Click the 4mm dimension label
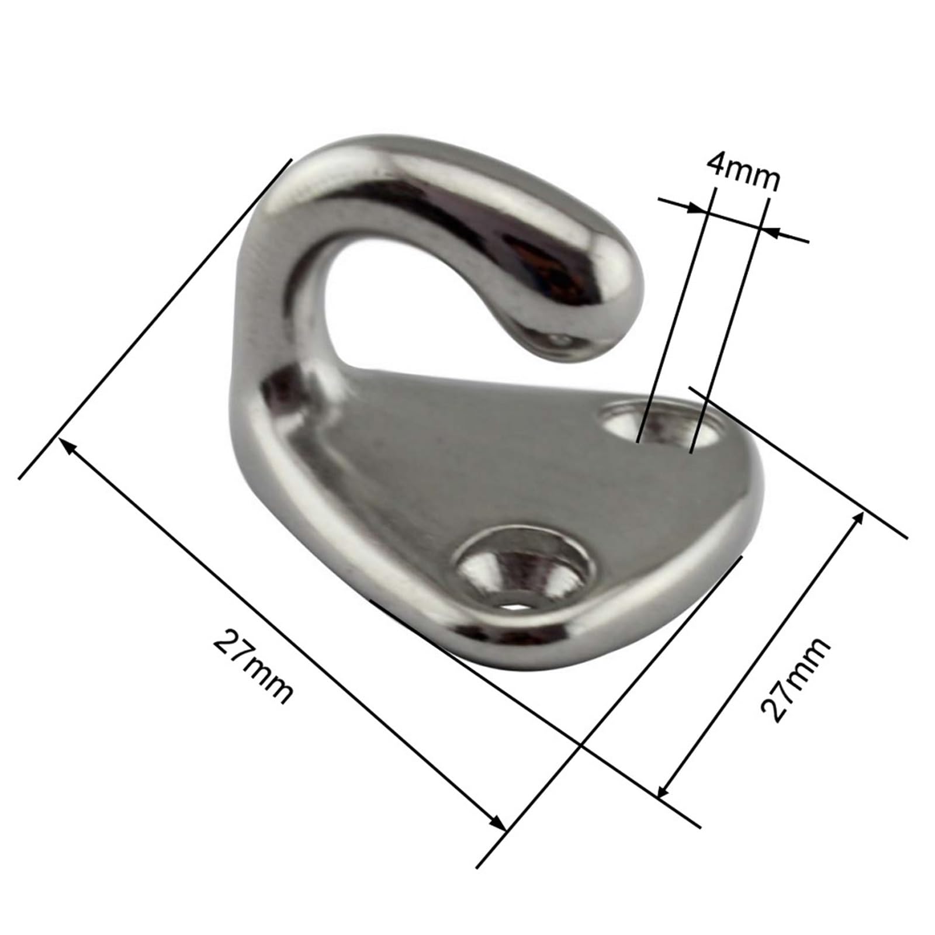tap(742, 171)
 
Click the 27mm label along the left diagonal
tap(252, 667)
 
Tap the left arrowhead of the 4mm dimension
tap(699, 209)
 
